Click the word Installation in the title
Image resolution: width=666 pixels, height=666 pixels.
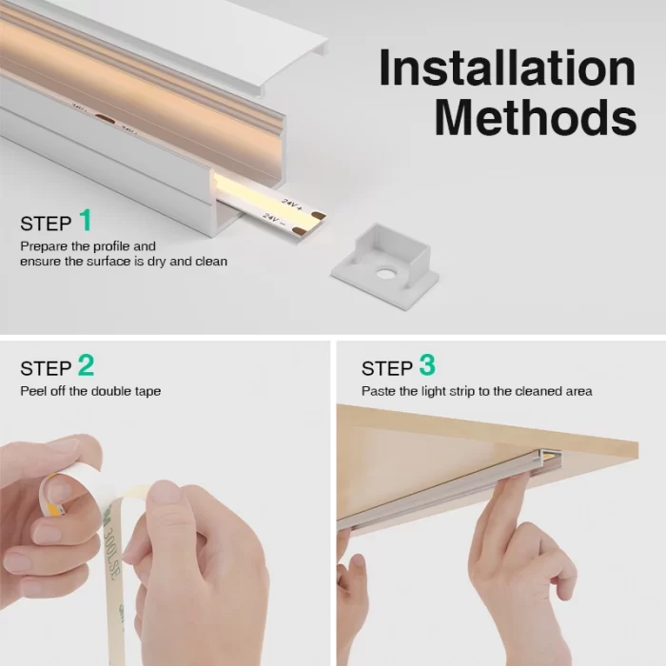507,68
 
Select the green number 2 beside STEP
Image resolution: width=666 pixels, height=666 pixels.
87,364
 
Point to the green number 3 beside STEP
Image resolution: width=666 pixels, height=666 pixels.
427,364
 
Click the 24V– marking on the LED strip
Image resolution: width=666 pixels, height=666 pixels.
271,219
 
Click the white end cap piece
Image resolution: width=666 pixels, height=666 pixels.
385,260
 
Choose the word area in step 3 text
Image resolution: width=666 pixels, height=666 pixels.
578,392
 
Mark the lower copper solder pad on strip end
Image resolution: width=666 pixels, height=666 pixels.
299,230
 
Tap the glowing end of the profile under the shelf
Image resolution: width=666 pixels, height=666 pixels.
547,456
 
